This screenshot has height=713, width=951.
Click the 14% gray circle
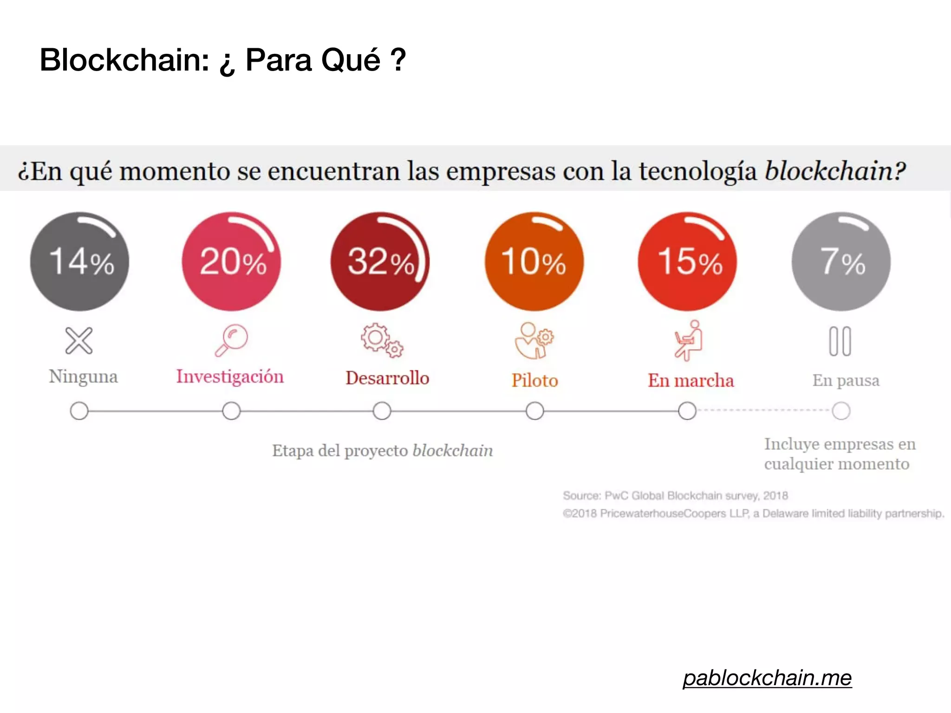(80, 262)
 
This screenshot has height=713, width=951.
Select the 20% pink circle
(231, 262)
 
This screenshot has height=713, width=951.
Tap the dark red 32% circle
(380, 262)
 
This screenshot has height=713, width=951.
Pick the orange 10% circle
(534, 262)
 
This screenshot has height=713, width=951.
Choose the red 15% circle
(687, 262)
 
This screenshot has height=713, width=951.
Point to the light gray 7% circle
(841, 262)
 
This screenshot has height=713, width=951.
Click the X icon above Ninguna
(79, 341)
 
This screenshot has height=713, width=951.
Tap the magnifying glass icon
(231, 340)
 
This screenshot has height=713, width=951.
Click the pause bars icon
(840, 342)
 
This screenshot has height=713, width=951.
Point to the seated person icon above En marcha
(689, 341)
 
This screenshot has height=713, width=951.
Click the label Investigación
(230, 376)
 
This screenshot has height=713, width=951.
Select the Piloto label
(534, 381)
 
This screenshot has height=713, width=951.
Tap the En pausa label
(846, 381)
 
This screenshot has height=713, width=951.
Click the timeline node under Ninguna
(79, 411)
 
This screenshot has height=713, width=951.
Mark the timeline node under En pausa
(841, 411)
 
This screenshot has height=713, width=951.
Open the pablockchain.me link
(767, 678)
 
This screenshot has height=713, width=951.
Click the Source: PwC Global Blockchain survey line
(675, 496)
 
